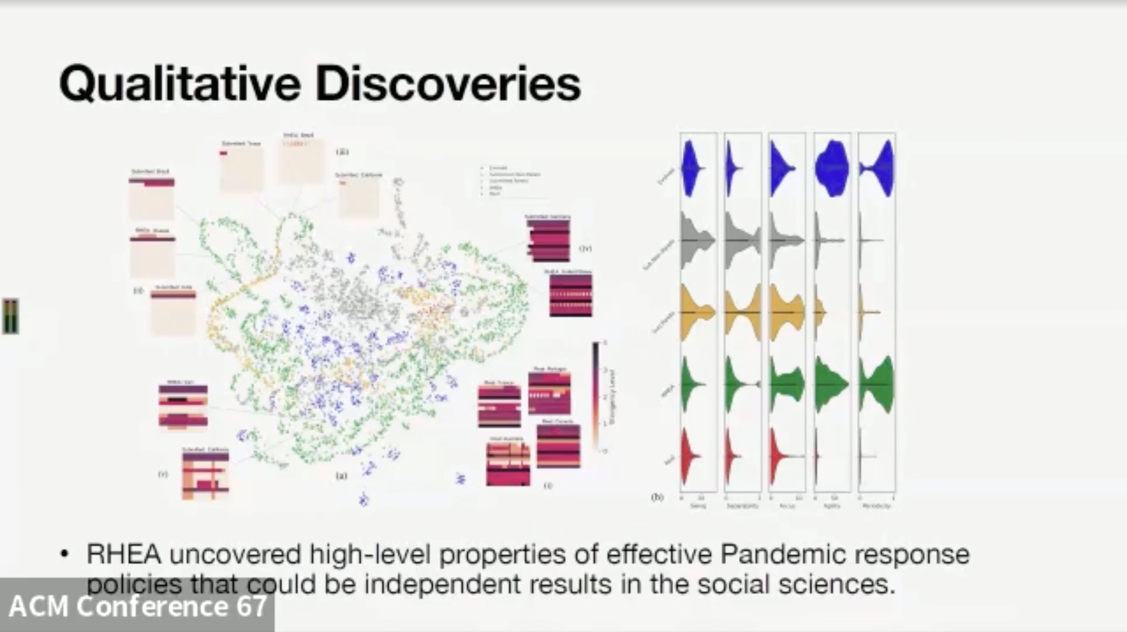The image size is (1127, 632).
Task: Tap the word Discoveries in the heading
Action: tap(448, 83)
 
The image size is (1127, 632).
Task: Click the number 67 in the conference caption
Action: tap(251, 606)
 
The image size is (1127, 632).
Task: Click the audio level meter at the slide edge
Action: tap(10, 316)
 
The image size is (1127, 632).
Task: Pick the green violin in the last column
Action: tap(877, 384)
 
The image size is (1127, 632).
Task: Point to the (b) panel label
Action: tap(657, 497)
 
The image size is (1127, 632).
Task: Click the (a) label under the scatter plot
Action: tap(341, 475)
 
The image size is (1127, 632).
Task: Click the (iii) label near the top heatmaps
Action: tap(342, 152)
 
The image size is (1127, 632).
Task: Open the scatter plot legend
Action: tap(512, 180)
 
